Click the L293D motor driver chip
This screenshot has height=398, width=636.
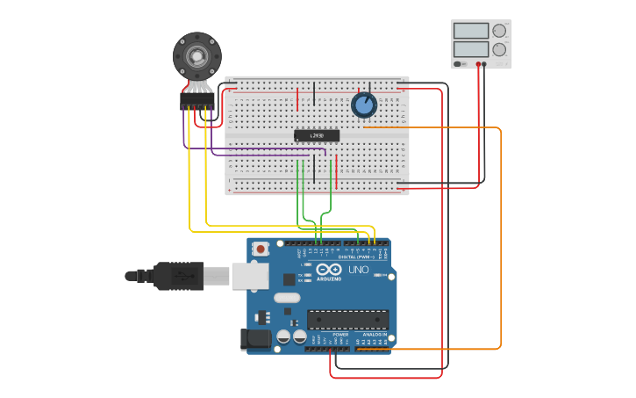tap(316, 135)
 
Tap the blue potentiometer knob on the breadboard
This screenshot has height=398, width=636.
tap(363, 105)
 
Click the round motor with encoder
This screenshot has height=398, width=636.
tap(197, 55)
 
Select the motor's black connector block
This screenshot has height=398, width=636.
tap(197, 101)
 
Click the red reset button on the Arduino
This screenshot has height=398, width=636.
tap(261, 250)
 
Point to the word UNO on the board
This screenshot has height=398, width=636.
tap(359, 270)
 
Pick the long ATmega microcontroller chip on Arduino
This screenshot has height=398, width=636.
tap(347, 319)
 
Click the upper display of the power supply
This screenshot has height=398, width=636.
tap(471, 31)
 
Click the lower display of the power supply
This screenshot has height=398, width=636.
tap(471, 52)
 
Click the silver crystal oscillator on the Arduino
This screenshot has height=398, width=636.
tap(286, 298)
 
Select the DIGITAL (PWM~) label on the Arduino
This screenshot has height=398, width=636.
tap(356, 257)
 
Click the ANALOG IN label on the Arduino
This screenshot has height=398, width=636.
tap(375, 335)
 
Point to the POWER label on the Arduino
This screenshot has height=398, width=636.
tap(340, 335)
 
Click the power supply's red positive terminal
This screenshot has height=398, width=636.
tap(479, 64)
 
